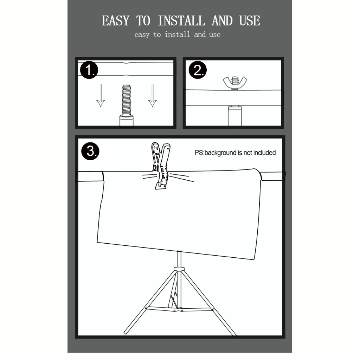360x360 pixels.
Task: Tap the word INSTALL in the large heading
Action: [x=181, y=21]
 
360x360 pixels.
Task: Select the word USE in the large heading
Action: [x=250, y=21]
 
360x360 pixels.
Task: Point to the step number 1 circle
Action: [x=89, y=70]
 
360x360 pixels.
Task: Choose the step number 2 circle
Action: [x=198, y=70]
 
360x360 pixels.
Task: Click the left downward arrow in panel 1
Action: [x=101, y=95]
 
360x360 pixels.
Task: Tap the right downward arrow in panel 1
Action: [x=152, y=95]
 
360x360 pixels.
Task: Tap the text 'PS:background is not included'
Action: [x=235, y=153]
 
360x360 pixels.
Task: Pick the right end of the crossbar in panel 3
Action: [x=273, y=176]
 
